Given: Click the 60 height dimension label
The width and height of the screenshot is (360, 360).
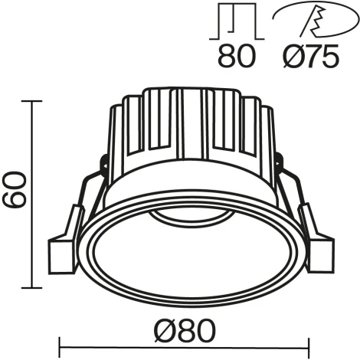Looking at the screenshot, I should pos(15,190).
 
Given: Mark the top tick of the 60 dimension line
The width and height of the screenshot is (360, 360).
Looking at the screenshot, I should pos(31,100).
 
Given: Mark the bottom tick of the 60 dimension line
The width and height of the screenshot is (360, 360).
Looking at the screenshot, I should pos(31,288).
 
